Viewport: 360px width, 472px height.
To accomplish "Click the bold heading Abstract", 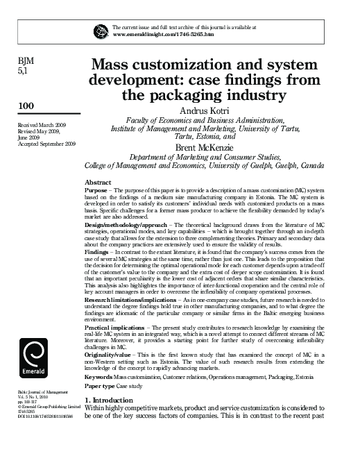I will (97, 181).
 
